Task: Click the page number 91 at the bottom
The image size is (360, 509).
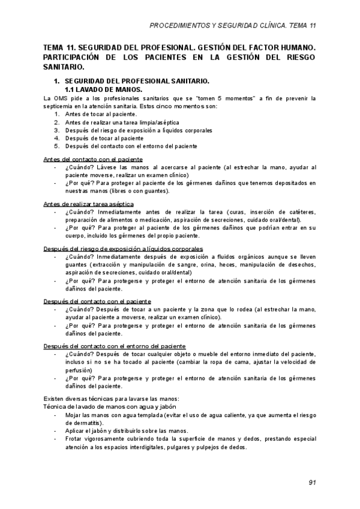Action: tap(312, 482)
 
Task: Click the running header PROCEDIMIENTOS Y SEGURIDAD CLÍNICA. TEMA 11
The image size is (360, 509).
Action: tap(232, 26)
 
